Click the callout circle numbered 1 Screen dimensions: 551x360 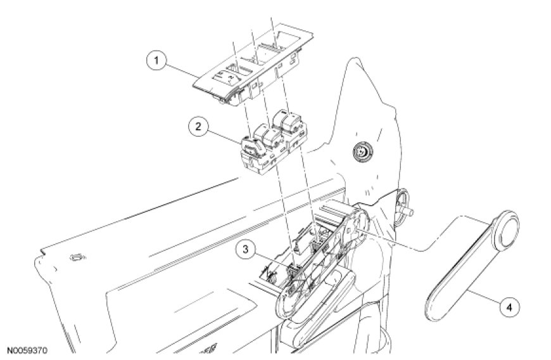[156, 60]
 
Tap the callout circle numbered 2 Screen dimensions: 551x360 [198, 127]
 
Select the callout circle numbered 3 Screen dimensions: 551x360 [245, 249]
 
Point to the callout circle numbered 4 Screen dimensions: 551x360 [509, 307]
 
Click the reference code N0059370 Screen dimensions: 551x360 [27, 350]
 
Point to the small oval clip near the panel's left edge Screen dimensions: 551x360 [78, 258]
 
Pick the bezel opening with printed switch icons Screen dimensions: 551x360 [227, 75]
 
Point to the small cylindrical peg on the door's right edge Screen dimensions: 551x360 [408, 212]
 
